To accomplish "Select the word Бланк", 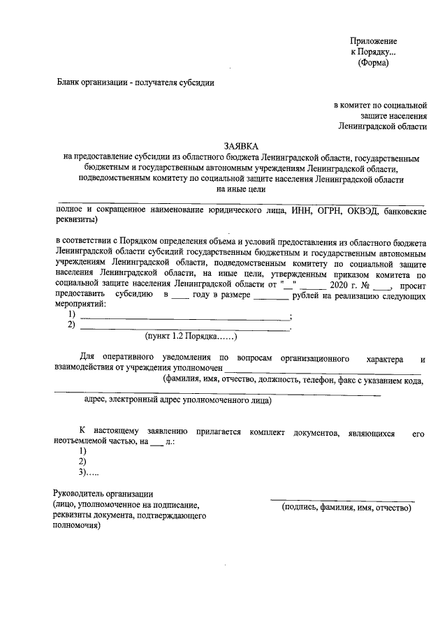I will (70, 82).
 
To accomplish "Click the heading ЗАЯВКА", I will (240, 146).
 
